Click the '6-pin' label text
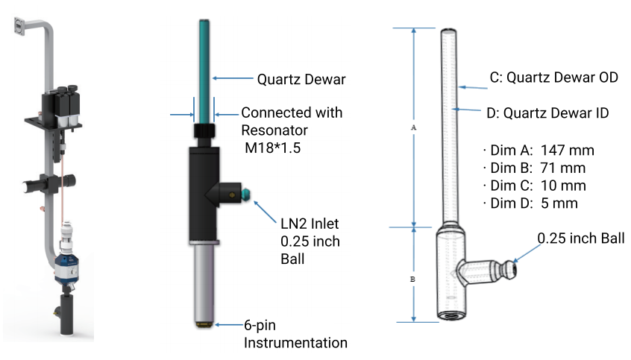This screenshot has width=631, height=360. point(263,326)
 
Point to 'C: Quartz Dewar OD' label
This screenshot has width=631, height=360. point(553,78)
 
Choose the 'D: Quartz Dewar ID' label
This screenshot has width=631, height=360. point(547,113)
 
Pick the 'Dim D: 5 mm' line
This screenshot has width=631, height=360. point(530,203)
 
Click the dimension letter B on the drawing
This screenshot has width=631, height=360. point(413,279)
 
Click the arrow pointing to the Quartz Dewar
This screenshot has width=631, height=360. point(231,78)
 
